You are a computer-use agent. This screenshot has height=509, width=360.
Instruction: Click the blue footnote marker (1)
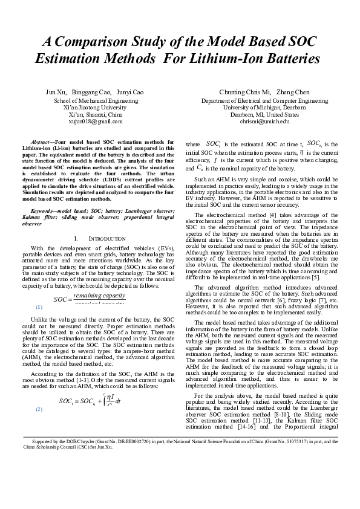coord(39,307)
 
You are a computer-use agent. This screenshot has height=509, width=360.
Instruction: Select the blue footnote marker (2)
coord(39,409)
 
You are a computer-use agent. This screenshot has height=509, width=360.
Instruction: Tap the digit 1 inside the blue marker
coord(39,307)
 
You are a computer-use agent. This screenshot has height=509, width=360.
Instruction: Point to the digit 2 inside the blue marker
coord(39,409)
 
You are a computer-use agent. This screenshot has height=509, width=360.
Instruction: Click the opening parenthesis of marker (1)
coord(36,307)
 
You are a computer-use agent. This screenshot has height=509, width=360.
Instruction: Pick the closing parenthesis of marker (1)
coord(42,307)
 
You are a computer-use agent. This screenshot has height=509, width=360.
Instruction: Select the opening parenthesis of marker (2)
coord(36,409)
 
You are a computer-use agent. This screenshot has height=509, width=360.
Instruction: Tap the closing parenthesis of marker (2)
coord(42,409)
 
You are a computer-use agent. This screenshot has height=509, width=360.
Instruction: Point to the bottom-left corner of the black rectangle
coord(22,449)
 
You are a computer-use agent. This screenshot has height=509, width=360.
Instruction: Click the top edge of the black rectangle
coord(180,36)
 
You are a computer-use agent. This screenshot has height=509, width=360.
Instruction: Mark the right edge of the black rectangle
coord(338,242)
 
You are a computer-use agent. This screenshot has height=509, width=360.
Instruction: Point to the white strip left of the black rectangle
coord(10,242)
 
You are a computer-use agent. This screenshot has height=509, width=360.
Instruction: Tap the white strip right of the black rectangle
coord(349,242)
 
